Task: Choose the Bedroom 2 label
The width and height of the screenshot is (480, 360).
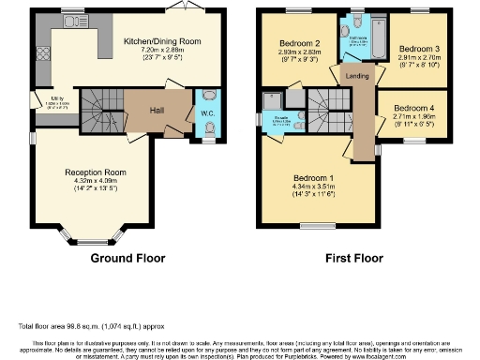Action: coord(299,43)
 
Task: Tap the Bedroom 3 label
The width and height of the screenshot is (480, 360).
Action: coord(415,48)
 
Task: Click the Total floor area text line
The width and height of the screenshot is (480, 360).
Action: coord(84,325)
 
